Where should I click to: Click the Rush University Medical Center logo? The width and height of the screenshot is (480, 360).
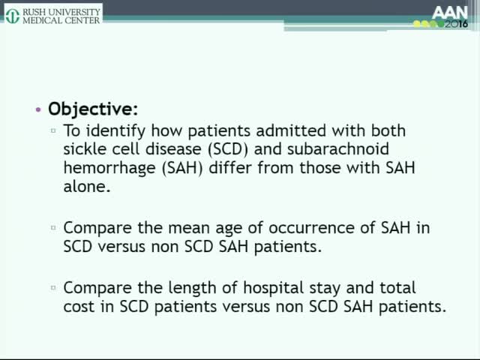[52, 12]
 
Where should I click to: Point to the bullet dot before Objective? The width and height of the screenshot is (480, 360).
[38, 109]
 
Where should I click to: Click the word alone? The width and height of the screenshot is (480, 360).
[88, 187]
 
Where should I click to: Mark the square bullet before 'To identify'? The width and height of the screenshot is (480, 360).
[53, 130]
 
